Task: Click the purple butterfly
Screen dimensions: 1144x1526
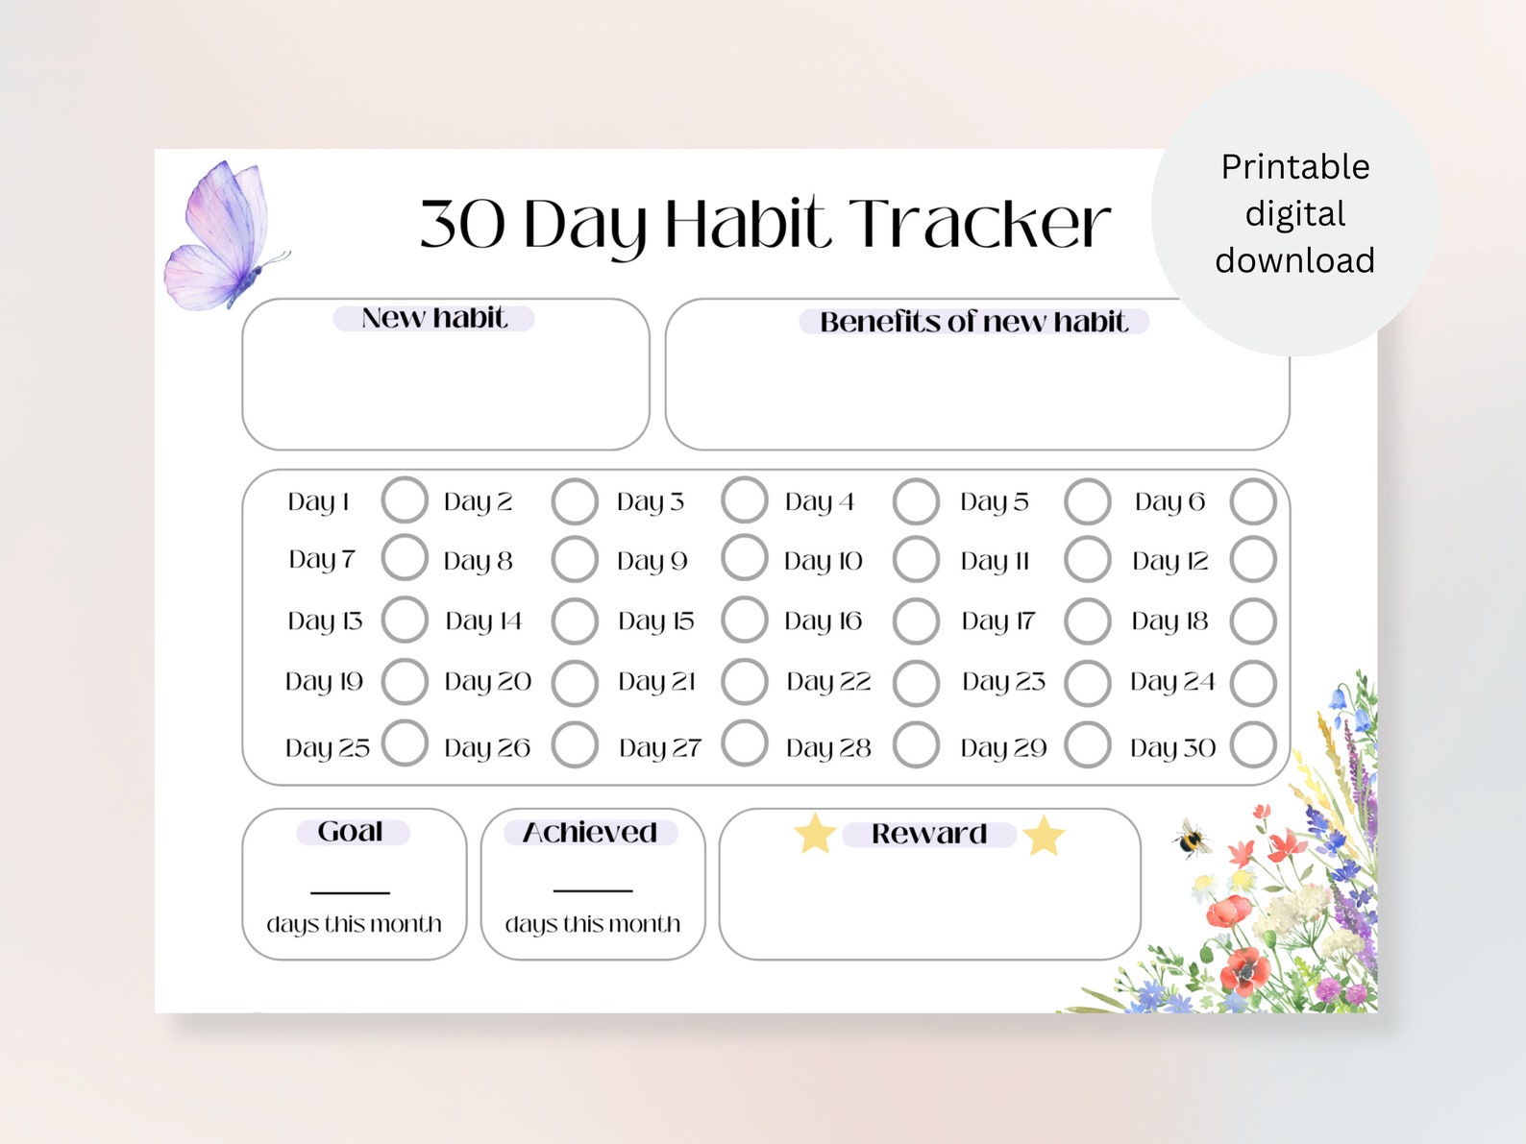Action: (223, 236)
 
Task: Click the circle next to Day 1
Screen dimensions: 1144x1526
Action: (405, 500)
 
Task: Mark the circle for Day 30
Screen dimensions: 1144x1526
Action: (1253, 745)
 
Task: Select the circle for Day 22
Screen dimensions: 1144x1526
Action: (916, 683)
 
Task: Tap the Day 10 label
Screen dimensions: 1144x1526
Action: (823, 561)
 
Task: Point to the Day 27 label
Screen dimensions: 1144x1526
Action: (659, 747)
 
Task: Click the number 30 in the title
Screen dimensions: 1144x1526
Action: (462, 225)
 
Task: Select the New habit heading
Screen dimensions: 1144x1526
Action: (433, 318)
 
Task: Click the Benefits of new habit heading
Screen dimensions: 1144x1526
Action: (973, 322)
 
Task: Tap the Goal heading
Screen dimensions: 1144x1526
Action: (351, 832)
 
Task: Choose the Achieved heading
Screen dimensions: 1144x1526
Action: (590, 833)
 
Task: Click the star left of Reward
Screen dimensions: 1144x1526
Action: (815, 833)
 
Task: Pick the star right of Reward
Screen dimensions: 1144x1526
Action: (1044, 836)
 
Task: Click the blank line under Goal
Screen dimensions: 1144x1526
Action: (350, 891)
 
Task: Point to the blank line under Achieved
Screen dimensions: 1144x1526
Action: (592, 890)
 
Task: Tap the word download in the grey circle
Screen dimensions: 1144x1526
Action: (1294, 260)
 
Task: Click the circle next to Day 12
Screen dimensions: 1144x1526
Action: (1253, 560)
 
